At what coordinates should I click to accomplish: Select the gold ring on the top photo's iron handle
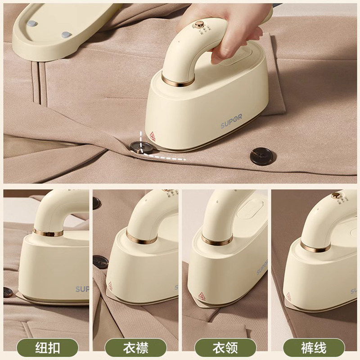pyautogui.click(x=178, y=81)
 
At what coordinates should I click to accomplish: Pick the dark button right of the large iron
pyautogui.click(x=261, y=156)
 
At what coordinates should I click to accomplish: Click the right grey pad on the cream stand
pyautogui.click(x=66, y=34)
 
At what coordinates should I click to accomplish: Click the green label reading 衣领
pyautogui.click(x=225, y=347)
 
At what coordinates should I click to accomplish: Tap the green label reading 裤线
pyautogui.click(x=314, y=347)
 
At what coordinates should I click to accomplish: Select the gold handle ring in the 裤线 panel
pyautogui.click(x=315, y=246)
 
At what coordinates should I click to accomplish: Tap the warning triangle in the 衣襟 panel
pyautogui.click(x=109, y=285)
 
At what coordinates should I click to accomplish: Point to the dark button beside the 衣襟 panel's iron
pyautogui.click(x=99, y=262)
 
